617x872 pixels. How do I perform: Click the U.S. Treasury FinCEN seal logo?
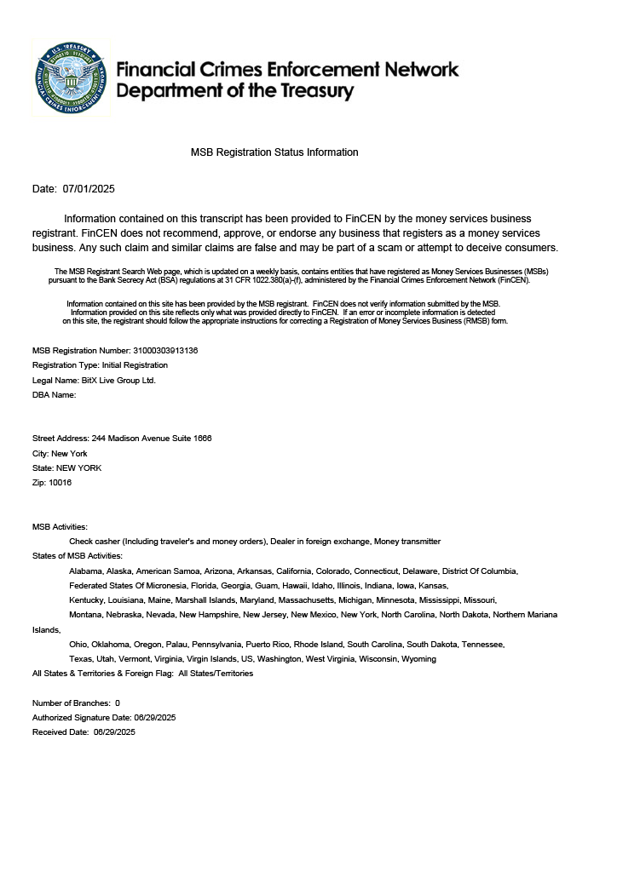point(72,78)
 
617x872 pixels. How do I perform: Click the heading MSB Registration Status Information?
point(274,152)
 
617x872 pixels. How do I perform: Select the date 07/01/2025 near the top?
point(89,188)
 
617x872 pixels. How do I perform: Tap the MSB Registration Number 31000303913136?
point(166,350)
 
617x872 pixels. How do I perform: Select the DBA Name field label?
point(55,395)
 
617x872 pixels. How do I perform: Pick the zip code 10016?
point(61,483)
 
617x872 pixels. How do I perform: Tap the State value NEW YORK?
point(78,468)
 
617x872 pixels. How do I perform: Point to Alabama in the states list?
point(86,571)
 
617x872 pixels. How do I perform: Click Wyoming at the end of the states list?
point(418,659)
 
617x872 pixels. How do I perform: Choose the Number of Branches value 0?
point(118,703)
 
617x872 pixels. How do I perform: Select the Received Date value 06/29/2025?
point(114,732)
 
